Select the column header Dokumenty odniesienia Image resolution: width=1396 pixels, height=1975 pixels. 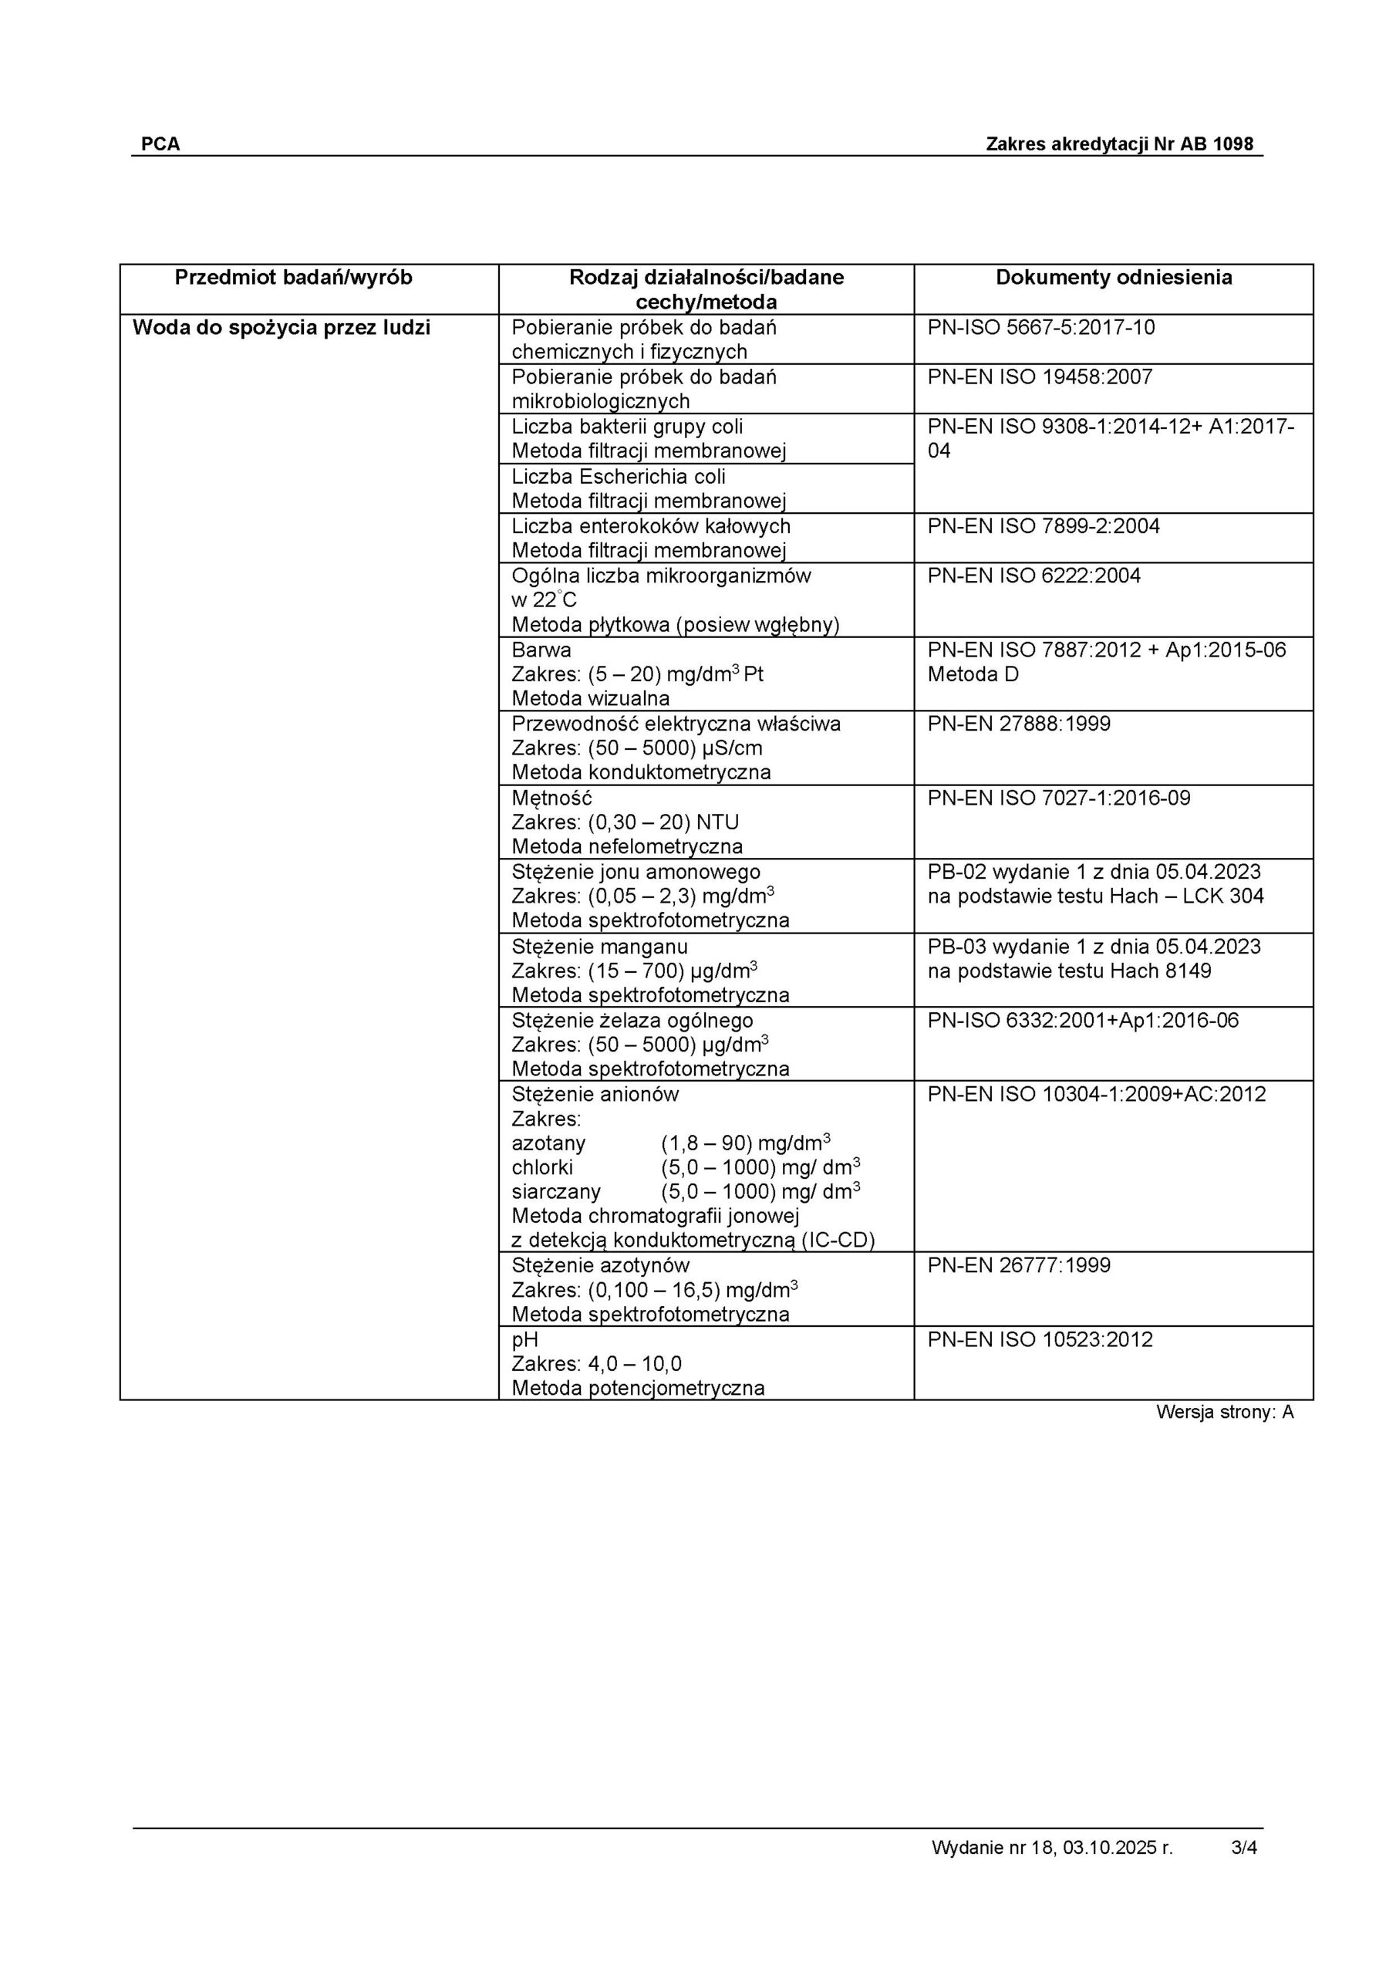coord(1113,277)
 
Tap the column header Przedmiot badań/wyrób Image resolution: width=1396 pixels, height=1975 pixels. coord(293,277)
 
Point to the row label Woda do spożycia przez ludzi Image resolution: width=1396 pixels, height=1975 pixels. coord(282,328)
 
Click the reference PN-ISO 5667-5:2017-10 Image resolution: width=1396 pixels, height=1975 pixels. coord(1040,328)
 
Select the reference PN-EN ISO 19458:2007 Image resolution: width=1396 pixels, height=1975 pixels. coord(1039,377)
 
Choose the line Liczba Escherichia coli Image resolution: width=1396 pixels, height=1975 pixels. coord(619,477)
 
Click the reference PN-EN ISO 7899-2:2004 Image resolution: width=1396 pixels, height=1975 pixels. coord(1043,526)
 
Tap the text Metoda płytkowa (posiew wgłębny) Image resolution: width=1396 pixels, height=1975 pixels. coord(675,626)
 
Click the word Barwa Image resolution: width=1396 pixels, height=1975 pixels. coord(541,650)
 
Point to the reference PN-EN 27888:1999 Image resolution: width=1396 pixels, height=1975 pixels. coord(1018,724)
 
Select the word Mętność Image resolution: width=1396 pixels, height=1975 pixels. coord(551,798)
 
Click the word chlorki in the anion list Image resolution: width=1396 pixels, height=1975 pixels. coord(542,1168)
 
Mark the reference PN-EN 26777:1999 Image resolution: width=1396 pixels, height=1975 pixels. coord(1018,1265)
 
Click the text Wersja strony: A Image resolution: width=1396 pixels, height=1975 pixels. coord(1224,1412)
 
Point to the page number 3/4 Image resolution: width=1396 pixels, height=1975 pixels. coord(1244,1848)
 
